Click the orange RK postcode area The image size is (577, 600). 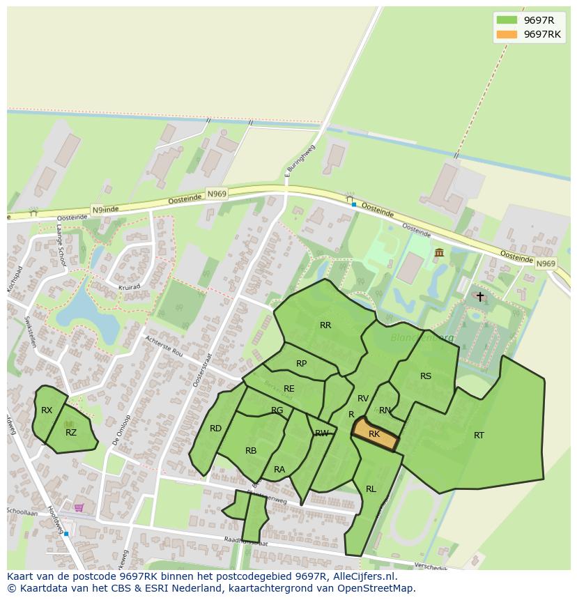click(x=374, y=434)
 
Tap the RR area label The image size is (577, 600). click(x=325, y=325)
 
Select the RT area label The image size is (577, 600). click(x=479, y=436)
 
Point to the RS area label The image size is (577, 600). click(x=426, y=376)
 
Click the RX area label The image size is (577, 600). click(x=47, y=410)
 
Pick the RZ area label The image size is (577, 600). click(x=71, y=433)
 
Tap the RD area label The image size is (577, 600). click(x=216, y=429)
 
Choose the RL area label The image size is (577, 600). click(x=371, y=489)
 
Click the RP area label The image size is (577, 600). click(x=302, y=364)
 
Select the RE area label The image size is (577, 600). click(x=289, y=389)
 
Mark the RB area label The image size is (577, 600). click(x=251, y=451)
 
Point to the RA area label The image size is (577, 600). click(x=279, y=470)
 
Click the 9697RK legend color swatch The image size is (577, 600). click(x=507, y=34)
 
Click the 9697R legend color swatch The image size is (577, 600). click(x=507, y=20)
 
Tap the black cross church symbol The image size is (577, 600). click(x=479, y=297)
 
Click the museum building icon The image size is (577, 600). click(x=439, y=252)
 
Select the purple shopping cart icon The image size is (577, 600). click(x=79, y=507)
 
